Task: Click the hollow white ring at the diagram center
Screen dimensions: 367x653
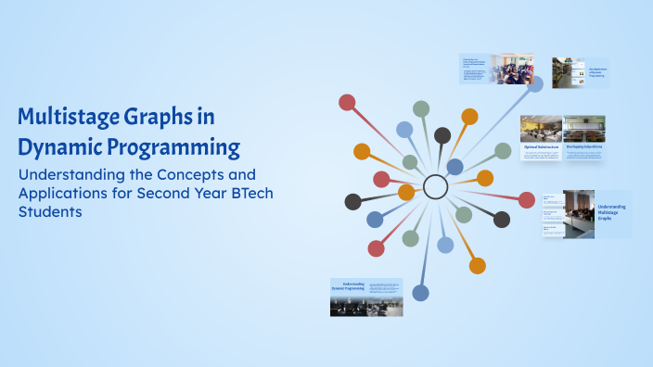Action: (x=435, y=187)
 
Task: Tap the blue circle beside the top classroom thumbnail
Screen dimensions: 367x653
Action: (x=535, y=82)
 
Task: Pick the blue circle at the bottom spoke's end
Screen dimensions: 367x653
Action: (x=420, y=293)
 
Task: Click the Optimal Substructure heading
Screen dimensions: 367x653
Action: (x=540, y=146)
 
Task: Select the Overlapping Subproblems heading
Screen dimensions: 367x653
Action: (x=584, y=146)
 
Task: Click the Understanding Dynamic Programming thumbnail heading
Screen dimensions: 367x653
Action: (x=348, y=286)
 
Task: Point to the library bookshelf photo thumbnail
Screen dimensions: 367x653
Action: (x=568, y=72)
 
